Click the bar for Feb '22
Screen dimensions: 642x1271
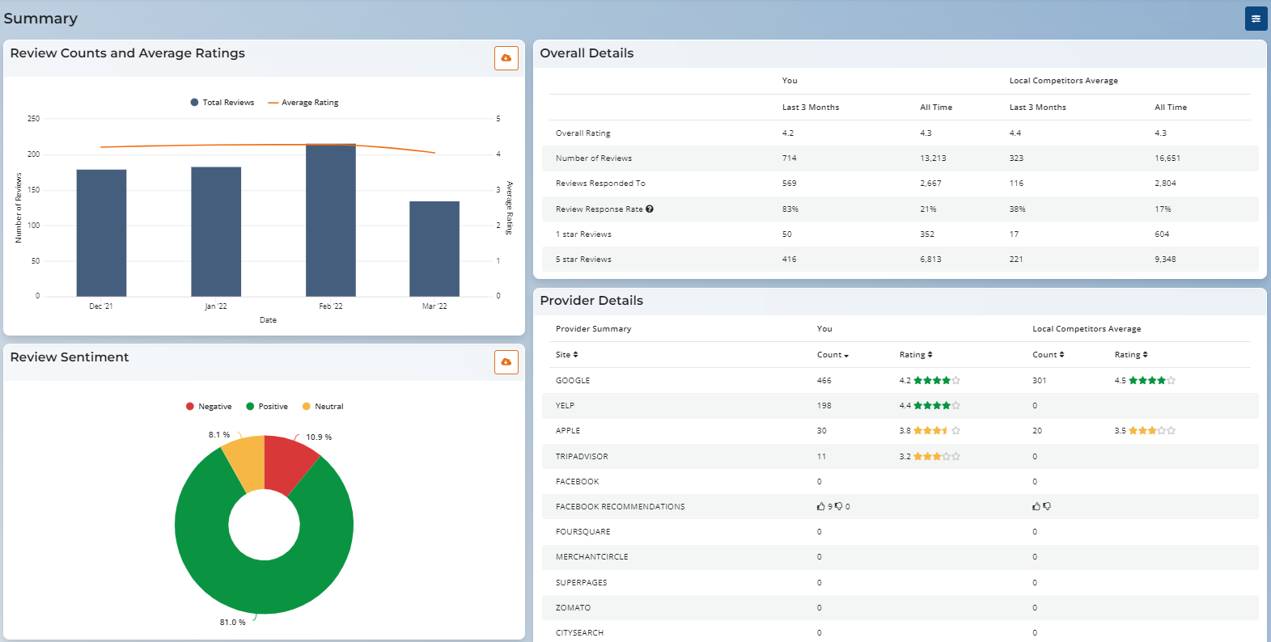point(330,220)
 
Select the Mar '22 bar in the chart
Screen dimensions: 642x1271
point(434,248)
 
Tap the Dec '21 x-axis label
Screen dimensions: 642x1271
point(101,306)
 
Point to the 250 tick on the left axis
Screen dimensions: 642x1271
point(33,119)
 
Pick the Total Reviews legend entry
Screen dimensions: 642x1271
point(222,103)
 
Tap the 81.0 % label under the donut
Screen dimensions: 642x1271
point(232,623)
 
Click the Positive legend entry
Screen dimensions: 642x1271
point(267,407)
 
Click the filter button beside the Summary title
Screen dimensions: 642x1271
point(1256,19)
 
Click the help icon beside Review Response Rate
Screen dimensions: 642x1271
point(650,209)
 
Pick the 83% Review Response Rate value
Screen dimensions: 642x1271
point(790,209)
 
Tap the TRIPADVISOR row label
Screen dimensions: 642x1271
point(582,457)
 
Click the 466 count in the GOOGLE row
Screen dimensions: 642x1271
point(824,381)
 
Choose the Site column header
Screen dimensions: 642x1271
point(566,355)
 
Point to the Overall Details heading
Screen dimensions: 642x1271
point(587,53)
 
